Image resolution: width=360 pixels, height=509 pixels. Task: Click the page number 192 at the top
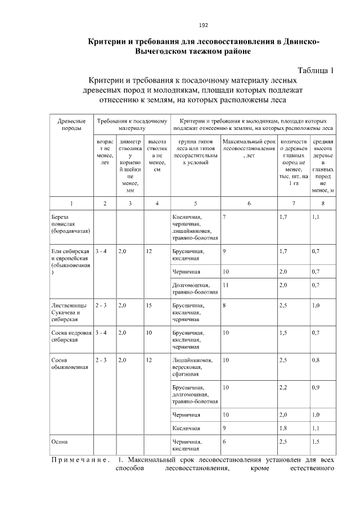point(204,25)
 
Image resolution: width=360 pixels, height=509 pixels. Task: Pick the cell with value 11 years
point(226,285)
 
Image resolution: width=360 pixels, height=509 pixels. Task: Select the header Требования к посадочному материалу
point(132,124)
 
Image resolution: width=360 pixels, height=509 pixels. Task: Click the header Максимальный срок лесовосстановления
point(247,146)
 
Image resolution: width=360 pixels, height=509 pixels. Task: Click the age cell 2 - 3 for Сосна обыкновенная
point(101,360)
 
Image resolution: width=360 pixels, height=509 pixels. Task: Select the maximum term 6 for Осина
point(224,442)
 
